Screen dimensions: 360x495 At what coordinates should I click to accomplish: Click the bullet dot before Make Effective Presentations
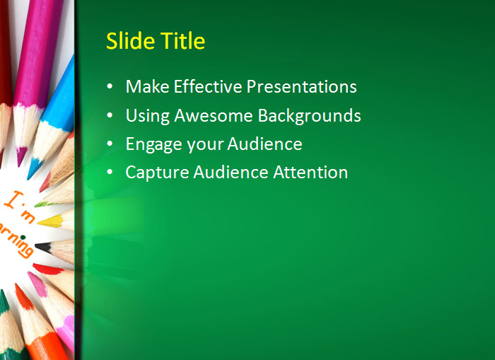[x=110, y=87]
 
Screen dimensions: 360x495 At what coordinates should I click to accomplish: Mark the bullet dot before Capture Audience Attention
[x=110, y=172]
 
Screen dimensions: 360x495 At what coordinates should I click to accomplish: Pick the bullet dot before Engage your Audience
[x=110, y=144]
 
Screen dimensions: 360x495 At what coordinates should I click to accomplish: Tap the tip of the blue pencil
[x=32, y=174]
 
